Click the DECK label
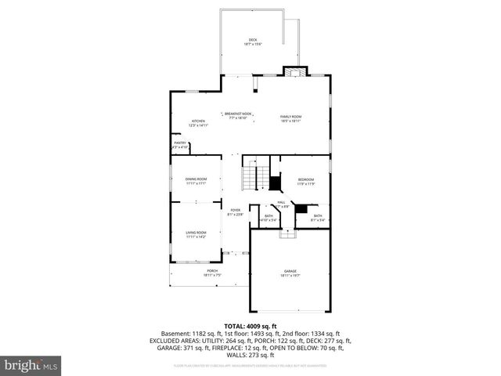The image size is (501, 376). [253, 40]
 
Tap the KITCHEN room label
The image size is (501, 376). [198, 121]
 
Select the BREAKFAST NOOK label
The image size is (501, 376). [237, 114]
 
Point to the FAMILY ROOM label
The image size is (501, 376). [291, 117]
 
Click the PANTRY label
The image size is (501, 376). [180, 143]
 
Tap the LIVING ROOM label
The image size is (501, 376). [196, 232]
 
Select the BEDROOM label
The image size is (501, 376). [305, 179]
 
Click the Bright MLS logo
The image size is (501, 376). [31, 365]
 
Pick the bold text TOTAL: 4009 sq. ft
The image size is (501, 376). [250, 326]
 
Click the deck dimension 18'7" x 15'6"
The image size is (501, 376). [253, 45]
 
